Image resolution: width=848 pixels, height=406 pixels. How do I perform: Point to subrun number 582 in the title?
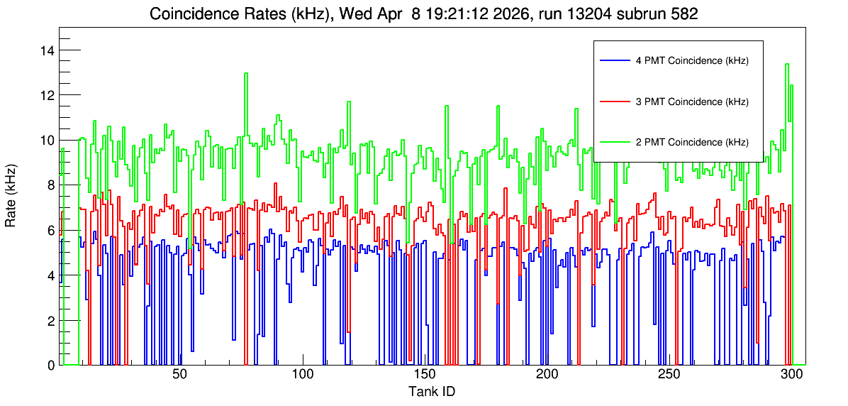click(x=687, y=14)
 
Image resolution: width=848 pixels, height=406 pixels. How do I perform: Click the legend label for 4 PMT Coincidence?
click(x=692, y=61)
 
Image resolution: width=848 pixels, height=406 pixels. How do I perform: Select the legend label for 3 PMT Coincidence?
click(x=692, y=101)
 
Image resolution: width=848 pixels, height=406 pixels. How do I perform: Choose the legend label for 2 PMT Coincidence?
click(x=692, y=143)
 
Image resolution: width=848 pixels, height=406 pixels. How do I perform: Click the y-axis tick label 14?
click(x=47, y=50)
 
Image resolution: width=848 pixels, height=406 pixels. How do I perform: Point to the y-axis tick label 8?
click(x=50, y=185)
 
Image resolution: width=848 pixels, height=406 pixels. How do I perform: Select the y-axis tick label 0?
click(x=50, y=365)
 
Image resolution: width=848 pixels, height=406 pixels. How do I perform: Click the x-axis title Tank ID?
click(x=431, y=391)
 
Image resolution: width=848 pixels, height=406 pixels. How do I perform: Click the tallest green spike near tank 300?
click(x=787, y=64)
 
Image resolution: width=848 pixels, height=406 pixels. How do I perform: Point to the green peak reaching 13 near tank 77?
click(x=246, y=73)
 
